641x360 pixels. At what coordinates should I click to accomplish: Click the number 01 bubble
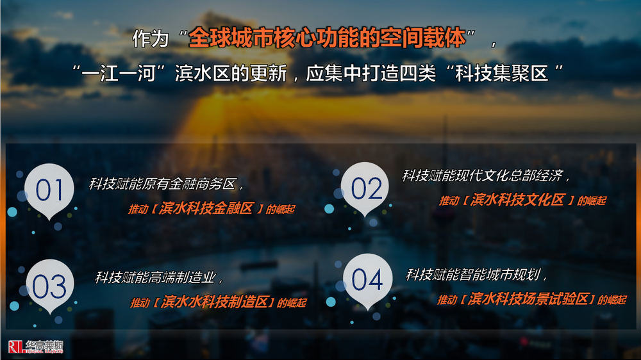(49, 190)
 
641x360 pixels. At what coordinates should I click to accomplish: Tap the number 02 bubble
(365, 188)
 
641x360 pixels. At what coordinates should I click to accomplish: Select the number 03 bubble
(50, 285)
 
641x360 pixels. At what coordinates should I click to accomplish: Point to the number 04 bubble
(367, 281)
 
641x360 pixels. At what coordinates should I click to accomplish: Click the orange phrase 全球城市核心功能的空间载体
(327, 38)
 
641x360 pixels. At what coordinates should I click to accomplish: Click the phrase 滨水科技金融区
(206, 208)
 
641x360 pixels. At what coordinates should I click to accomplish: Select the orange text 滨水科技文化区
(517, 200)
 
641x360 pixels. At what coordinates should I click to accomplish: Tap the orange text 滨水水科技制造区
(215, 302)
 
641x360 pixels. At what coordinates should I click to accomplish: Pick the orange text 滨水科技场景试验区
(528, 299)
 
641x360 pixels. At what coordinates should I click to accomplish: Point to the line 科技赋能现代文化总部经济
(483, 176)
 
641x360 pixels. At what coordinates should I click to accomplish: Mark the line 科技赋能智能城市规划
(474, 275)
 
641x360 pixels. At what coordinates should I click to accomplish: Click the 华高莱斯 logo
(36, 347)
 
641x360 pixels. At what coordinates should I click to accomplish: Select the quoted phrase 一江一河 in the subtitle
(118, 74)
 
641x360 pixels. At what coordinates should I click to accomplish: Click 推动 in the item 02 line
(449, 200)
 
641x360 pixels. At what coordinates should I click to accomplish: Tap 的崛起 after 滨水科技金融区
(281, 209)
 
